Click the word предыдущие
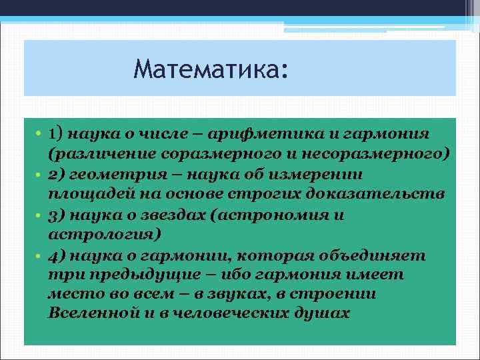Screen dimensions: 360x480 pos(124,276)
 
